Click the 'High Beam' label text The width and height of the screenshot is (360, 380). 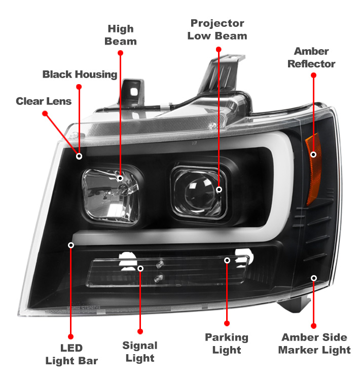(x=121, y=35)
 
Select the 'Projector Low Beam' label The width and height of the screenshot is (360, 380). (x=218, y=29)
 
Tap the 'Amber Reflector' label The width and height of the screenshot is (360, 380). (x=311, y=57)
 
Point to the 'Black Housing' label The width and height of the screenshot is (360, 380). (x=80, y=74)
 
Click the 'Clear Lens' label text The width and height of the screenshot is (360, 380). (x=44, y=101)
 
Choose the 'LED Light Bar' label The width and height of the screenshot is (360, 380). (x=71, y=354)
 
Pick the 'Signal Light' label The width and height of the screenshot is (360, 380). (x=140, y=352)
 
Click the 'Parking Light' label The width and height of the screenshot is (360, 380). (x=227, y=344)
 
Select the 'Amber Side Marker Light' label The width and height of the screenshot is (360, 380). (x=314, y=344)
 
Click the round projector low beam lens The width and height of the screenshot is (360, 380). (x=199, y=192)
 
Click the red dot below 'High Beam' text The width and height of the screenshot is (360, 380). (x=120, y=53)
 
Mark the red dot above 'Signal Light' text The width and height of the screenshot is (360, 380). (x=140, y=331)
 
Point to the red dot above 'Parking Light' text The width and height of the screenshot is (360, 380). (x=227, y=323)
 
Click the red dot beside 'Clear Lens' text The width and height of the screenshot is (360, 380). (x=45, y=113)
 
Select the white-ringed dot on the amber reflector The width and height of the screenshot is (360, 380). (x=313, y=155)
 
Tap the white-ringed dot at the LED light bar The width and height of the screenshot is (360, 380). (x=71, y=245)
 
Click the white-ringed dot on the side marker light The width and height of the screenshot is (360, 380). (x=314, y=278)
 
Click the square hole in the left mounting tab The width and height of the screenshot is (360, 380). (x=134, y=92)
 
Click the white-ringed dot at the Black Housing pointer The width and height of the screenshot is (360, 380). (x=79, y=157)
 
